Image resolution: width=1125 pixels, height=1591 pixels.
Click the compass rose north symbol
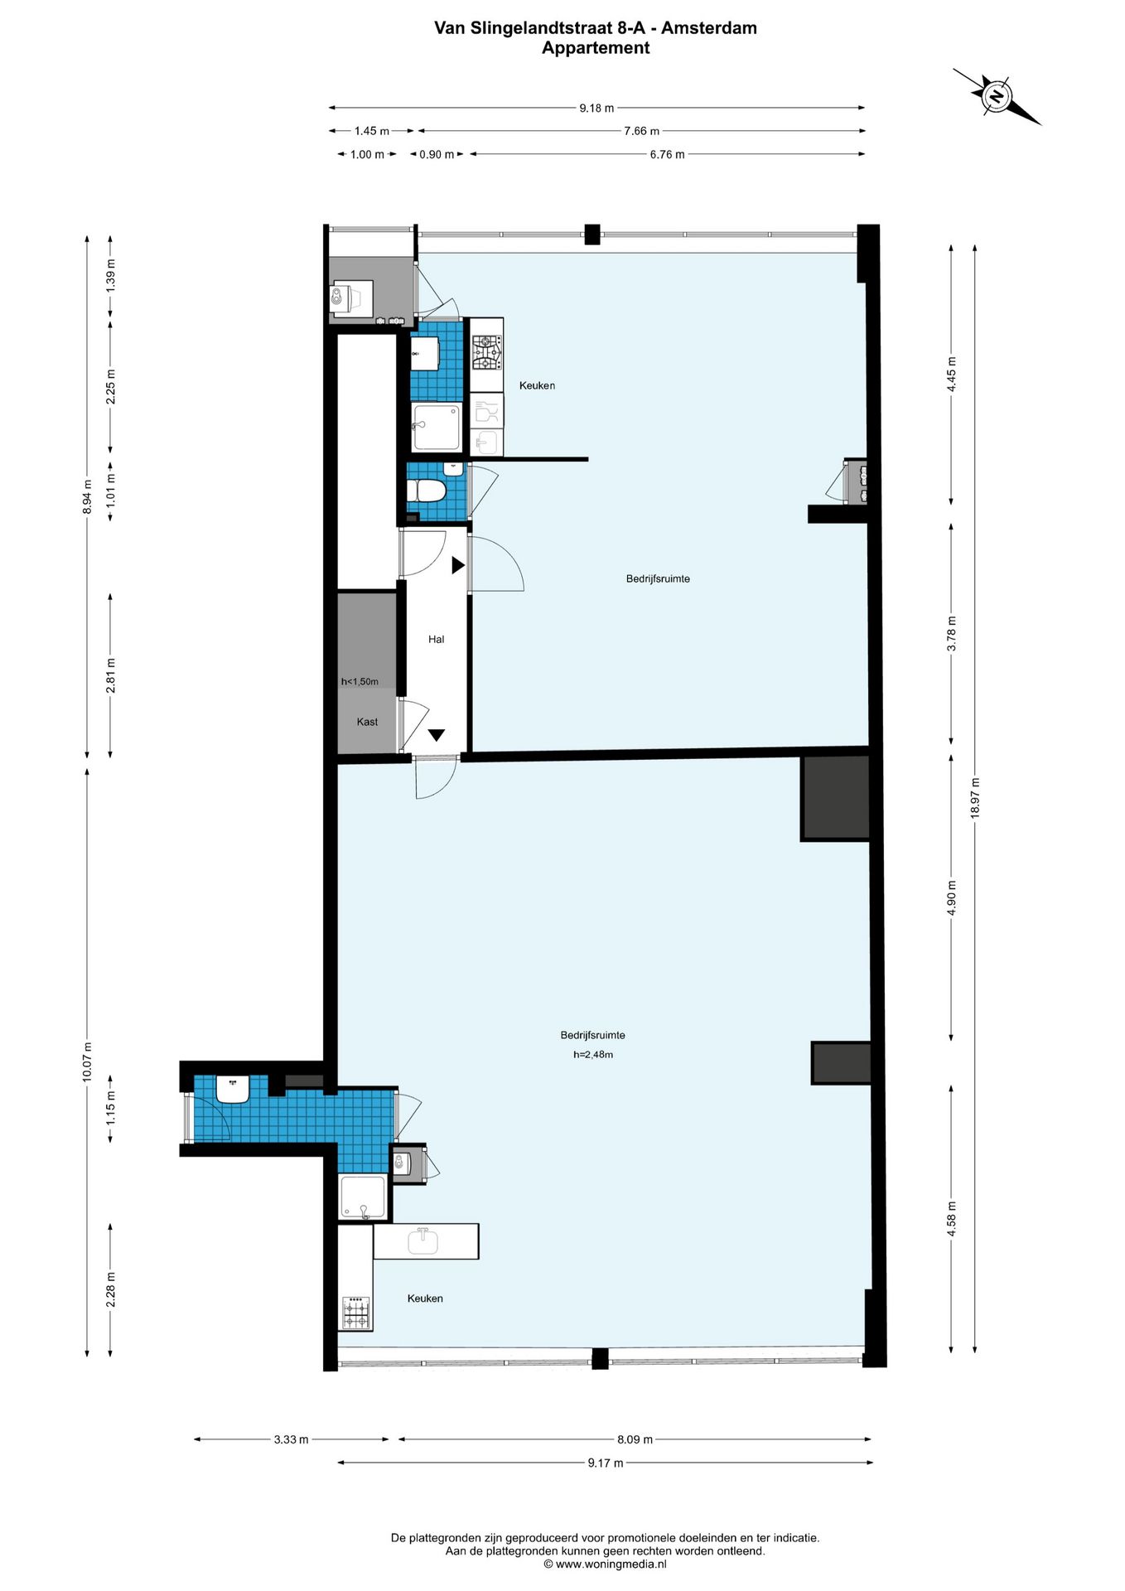point(997,96)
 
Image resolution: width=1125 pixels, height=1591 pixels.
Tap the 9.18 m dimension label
point(596,108)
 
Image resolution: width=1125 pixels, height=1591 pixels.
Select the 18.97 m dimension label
point(975,798)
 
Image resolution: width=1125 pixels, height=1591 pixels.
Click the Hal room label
point(436,639)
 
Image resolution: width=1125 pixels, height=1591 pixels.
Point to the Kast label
point(367,722)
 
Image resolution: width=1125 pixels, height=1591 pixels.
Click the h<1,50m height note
point(360,682)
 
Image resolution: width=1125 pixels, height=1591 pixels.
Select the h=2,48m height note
point(593,1055)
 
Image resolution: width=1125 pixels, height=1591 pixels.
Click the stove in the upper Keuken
point(486,353)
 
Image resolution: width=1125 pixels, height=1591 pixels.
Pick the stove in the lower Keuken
point(356,1313)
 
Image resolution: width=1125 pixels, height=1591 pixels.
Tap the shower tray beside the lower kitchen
point(363,1198)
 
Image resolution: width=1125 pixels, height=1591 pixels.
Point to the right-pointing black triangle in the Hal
point(457,566)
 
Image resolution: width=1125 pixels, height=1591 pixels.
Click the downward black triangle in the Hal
point(437,735)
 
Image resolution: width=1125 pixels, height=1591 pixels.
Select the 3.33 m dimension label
point(291,1439)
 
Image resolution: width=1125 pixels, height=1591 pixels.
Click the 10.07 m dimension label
point(88,1062)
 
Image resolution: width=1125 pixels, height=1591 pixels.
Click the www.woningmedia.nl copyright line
point(605,1564)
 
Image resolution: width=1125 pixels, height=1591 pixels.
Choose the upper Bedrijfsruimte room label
point(658,578)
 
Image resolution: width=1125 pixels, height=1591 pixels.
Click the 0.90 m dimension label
point(437,154)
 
